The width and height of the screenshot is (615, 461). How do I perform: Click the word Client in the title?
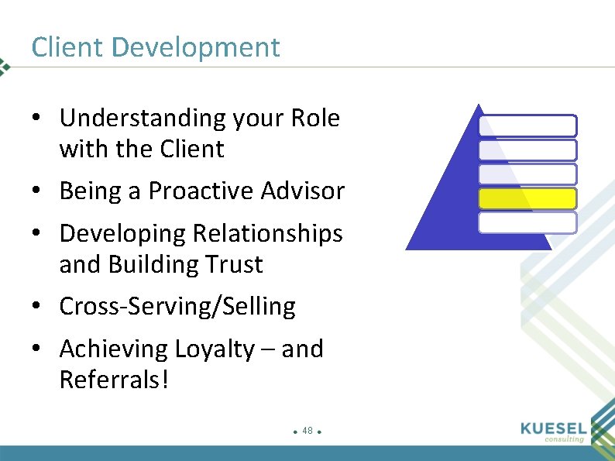67,47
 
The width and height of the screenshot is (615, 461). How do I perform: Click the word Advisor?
305,191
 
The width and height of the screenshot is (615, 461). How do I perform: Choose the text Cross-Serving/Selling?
177,307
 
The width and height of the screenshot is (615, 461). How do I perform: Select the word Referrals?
113,380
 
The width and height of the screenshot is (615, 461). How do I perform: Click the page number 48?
307,430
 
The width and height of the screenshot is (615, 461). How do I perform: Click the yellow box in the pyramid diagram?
527,199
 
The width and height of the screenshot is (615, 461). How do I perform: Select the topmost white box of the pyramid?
527,126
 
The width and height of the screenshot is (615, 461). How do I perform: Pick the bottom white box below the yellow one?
527,223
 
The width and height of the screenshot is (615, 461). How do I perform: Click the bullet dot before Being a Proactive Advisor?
37,191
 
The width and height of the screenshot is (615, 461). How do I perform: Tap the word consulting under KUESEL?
564,439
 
